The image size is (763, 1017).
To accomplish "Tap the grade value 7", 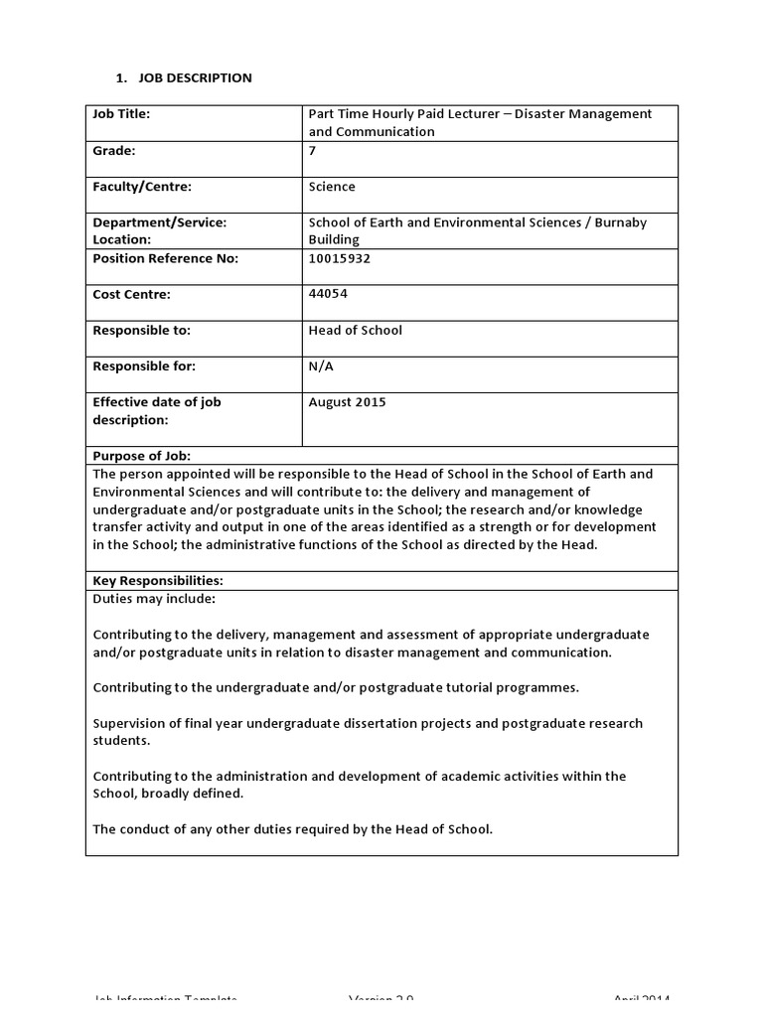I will pyautogui.click(x=313, y=151).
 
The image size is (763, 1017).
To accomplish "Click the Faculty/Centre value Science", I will pyautogui.click(x=332, y=187).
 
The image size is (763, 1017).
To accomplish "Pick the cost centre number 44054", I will pyautogui.click(x=329, y=294).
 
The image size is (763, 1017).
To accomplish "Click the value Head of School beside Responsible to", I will pyautogui.click(x=356, y=330).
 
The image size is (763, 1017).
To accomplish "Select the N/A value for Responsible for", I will pyautogui.click(x=322, y=366).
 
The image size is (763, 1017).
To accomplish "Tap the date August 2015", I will pyautogui.click(x=348, y=402).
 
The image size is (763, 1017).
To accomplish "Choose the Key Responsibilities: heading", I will pyautogui.click(x=157, y=580).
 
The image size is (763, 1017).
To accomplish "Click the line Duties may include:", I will pyautogui.click(x=154, y=599).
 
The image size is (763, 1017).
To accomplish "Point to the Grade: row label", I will pyautogui.click(x=113, y=151).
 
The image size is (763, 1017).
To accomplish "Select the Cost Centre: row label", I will pyautogui.click(x=131, y=294).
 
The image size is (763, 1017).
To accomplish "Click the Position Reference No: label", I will pyautogui.click(x=165, y=258).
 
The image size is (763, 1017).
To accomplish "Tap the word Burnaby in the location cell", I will pyautogui.click(x=621, y=222).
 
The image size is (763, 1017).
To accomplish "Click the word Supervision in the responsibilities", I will pyautogui.click(x=131, y=723).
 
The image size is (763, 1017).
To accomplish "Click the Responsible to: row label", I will pyautogui.click(x=141, y=330).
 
